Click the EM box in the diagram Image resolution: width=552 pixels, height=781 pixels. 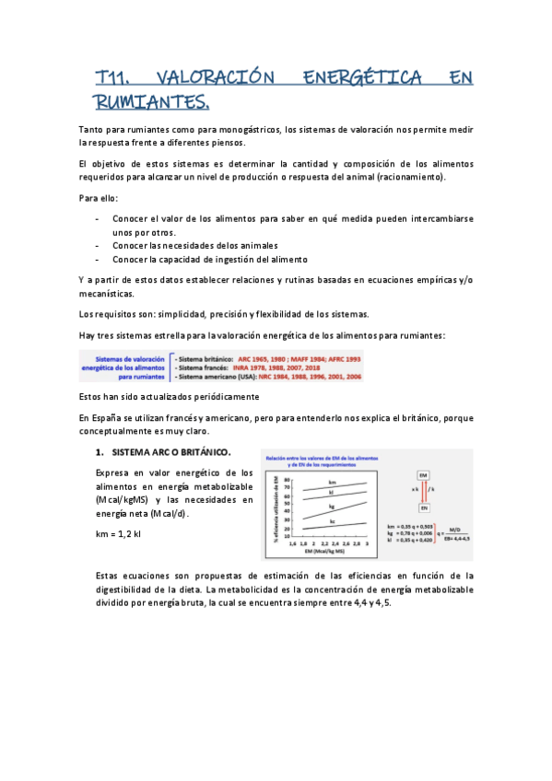[x=423, y=474]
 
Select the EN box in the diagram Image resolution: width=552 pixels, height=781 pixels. [x=423, y=507]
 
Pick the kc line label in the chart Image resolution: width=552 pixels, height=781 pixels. [x=332, y=522]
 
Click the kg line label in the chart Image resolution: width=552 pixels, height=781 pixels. [x=332, y=506]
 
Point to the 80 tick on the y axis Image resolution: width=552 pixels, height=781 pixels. [x=288, y=480]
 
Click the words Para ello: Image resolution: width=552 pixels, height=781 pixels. [x=100, y=197]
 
